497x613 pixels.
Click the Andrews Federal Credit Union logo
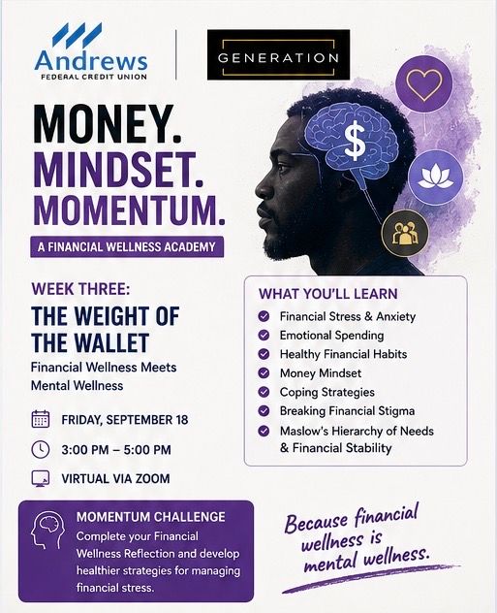pos(91,51)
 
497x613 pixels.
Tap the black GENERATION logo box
pos(278,55)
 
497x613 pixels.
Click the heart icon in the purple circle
pos(424,83)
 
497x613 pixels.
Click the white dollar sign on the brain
pos(355,142)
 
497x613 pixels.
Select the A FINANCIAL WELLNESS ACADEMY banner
pos(127,246)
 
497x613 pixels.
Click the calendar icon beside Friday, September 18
pos(41,419)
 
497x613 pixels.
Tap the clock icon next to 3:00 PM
pos(41,450)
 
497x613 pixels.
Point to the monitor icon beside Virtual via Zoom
pos(41,478)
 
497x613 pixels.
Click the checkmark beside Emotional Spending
pos(264,335)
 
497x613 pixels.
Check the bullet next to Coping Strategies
pos(264,392)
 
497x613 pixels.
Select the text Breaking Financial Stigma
pos(347,411)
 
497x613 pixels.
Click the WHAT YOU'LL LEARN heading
pos(328,294)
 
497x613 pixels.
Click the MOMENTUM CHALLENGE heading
pos(151,517)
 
